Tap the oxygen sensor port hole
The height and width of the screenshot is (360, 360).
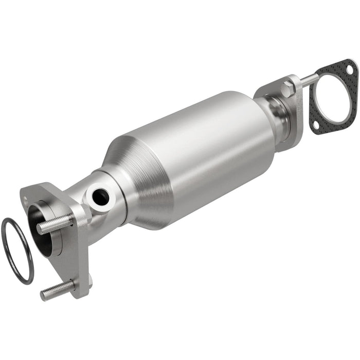(101, 195)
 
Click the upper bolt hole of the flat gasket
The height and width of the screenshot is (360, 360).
(350, 69)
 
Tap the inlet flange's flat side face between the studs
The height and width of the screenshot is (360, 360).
(77, 257)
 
